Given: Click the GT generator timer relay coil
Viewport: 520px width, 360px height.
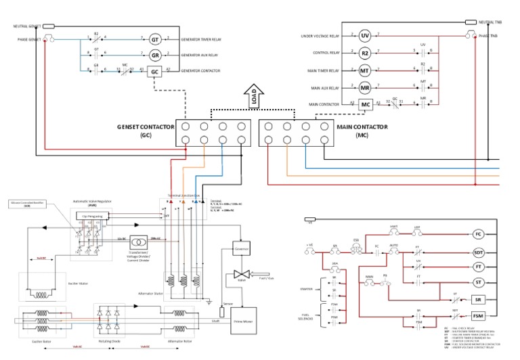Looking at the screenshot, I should (154, 39).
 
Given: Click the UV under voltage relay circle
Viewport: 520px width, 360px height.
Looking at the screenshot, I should (364, 35).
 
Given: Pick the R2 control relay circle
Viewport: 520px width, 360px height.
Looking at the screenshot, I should (364, 52).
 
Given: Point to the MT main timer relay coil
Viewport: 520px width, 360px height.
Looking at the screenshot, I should (364, 70).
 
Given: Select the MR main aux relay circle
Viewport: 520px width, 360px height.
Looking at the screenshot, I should (364, 87).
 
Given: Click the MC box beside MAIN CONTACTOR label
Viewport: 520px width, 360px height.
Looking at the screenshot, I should (365, 105).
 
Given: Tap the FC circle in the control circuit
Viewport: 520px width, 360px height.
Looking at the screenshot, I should (478, 234).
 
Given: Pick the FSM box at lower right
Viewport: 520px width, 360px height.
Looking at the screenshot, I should (479, 316).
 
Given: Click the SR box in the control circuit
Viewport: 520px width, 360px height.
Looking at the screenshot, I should (479, 298).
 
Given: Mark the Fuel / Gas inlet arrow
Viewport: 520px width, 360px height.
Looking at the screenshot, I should (257, 275).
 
